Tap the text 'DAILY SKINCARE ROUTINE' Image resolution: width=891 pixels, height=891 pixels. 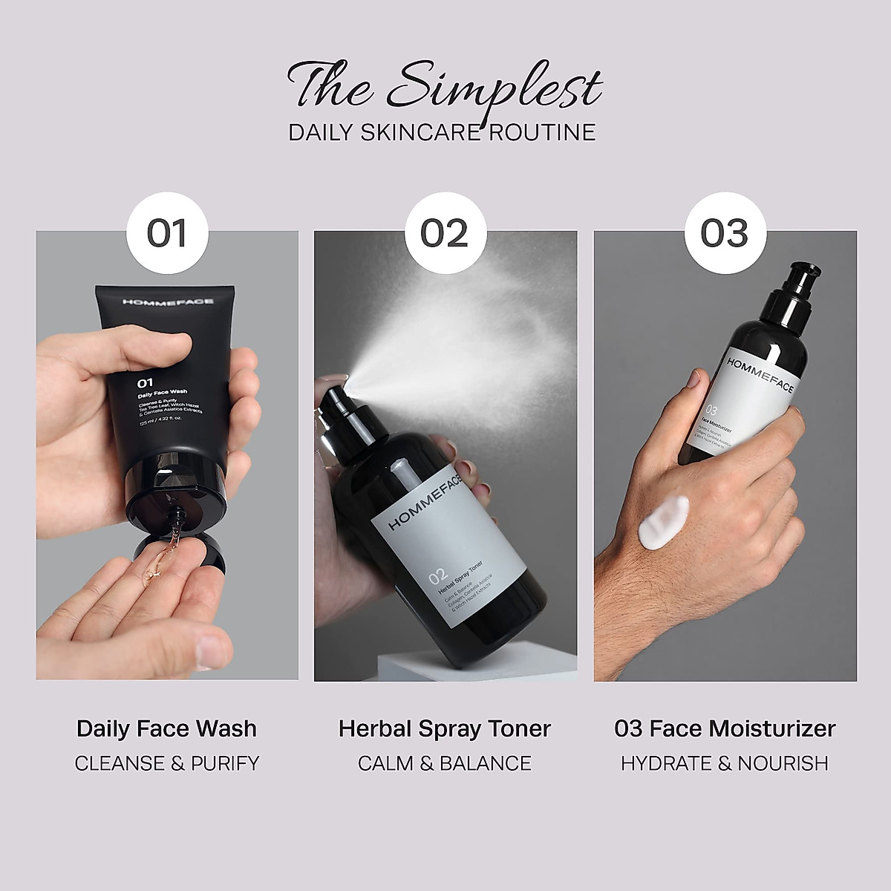tap(443, 132)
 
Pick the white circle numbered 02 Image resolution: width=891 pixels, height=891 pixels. tap(444, 233)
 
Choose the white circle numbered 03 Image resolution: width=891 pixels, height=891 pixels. tap(724, 233)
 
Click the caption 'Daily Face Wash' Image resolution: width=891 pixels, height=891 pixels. tap(166, 728)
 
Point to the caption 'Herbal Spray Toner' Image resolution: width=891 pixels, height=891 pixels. tap(445, 728)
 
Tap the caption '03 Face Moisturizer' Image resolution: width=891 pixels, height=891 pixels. tap(725, 728)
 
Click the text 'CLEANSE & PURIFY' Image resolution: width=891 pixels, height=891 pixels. tap(167, 763)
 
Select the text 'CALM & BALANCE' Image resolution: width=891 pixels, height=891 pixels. tap(445, 763)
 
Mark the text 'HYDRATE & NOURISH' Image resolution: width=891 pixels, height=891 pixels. tap(725, 763)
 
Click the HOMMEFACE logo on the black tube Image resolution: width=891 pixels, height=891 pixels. tap(159, 302)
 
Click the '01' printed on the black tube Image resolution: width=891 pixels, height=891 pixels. tap(144, 383)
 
